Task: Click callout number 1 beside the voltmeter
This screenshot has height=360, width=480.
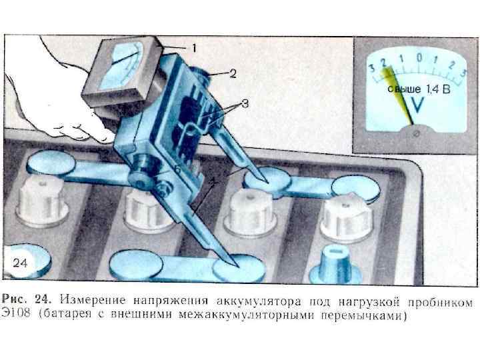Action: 194,48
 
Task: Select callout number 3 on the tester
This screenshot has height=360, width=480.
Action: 244,103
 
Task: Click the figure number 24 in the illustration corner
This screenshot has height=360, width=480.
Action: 21,263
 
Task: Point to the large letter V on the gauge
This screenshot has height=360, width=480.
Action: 419,104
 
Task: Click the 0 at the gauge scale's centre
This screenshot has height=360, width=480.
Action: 419,58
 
